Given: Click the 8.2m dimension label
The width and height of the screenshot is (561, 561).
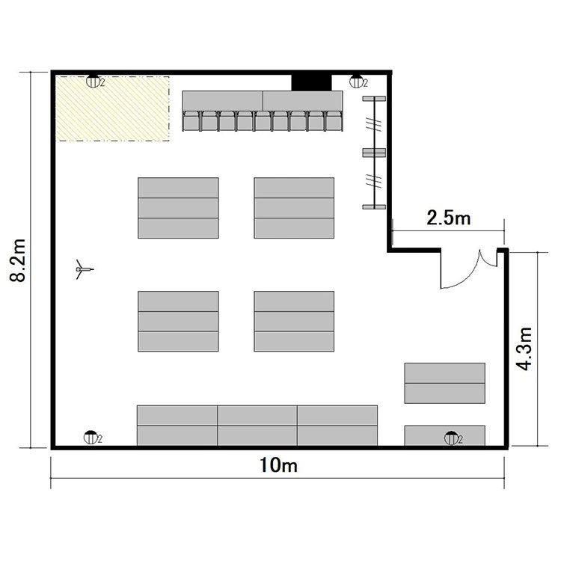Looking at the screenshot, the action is (18, 260).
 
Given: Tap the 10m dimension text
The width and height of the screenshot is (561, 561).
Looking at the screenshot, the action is (278, 465).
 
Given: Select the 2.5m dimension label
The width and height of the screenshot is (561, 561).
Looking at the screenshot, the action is (449, 218).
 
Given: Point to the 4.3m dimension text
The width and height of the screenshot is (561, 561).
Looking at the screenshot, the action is (524, 349).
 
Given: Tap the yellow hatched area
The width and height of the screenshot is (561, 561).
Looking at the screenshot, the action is (112, 108).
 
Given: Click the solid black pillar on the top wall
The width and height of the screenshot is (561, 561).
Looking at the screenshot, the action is (311, 82).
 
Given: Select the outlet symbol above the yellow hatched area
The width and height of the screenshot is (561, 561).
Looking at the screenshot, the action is (93, 82).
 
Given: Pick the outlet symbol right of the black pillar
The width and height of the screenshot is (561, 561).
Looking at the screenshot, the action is (356, 82).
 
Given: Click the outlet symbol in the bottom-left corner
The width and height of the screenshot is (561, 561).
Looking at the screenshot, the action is (91, 438).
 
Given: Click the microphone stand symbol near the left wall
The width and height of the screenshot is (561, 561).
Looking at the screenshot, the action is (84, 269).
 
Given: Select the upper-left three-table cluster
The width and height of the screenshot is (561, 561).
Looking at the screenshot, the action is (178, 208).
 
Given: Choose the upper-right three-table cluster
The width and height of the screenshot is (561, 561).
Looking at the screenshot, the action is (294, 208).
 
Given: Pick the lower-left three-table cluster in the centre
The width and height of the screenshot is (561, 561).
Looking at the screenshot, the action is (178, 322).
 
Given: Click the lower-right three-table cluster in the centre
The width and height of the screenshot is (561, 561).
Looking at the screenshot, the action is (294, 322).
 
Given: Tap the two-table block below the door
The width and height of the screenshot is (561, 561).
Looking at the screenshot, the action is (445, 383).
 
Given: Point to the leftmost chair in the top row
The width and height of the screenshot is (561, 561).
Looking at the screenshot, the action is (191, 121).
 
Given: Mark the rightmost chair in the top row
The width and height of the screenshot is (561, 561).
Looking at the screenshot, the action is (334, 121).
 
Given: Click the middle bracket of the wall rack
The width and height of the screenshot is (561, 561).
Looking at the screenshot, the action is (374, 153).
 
